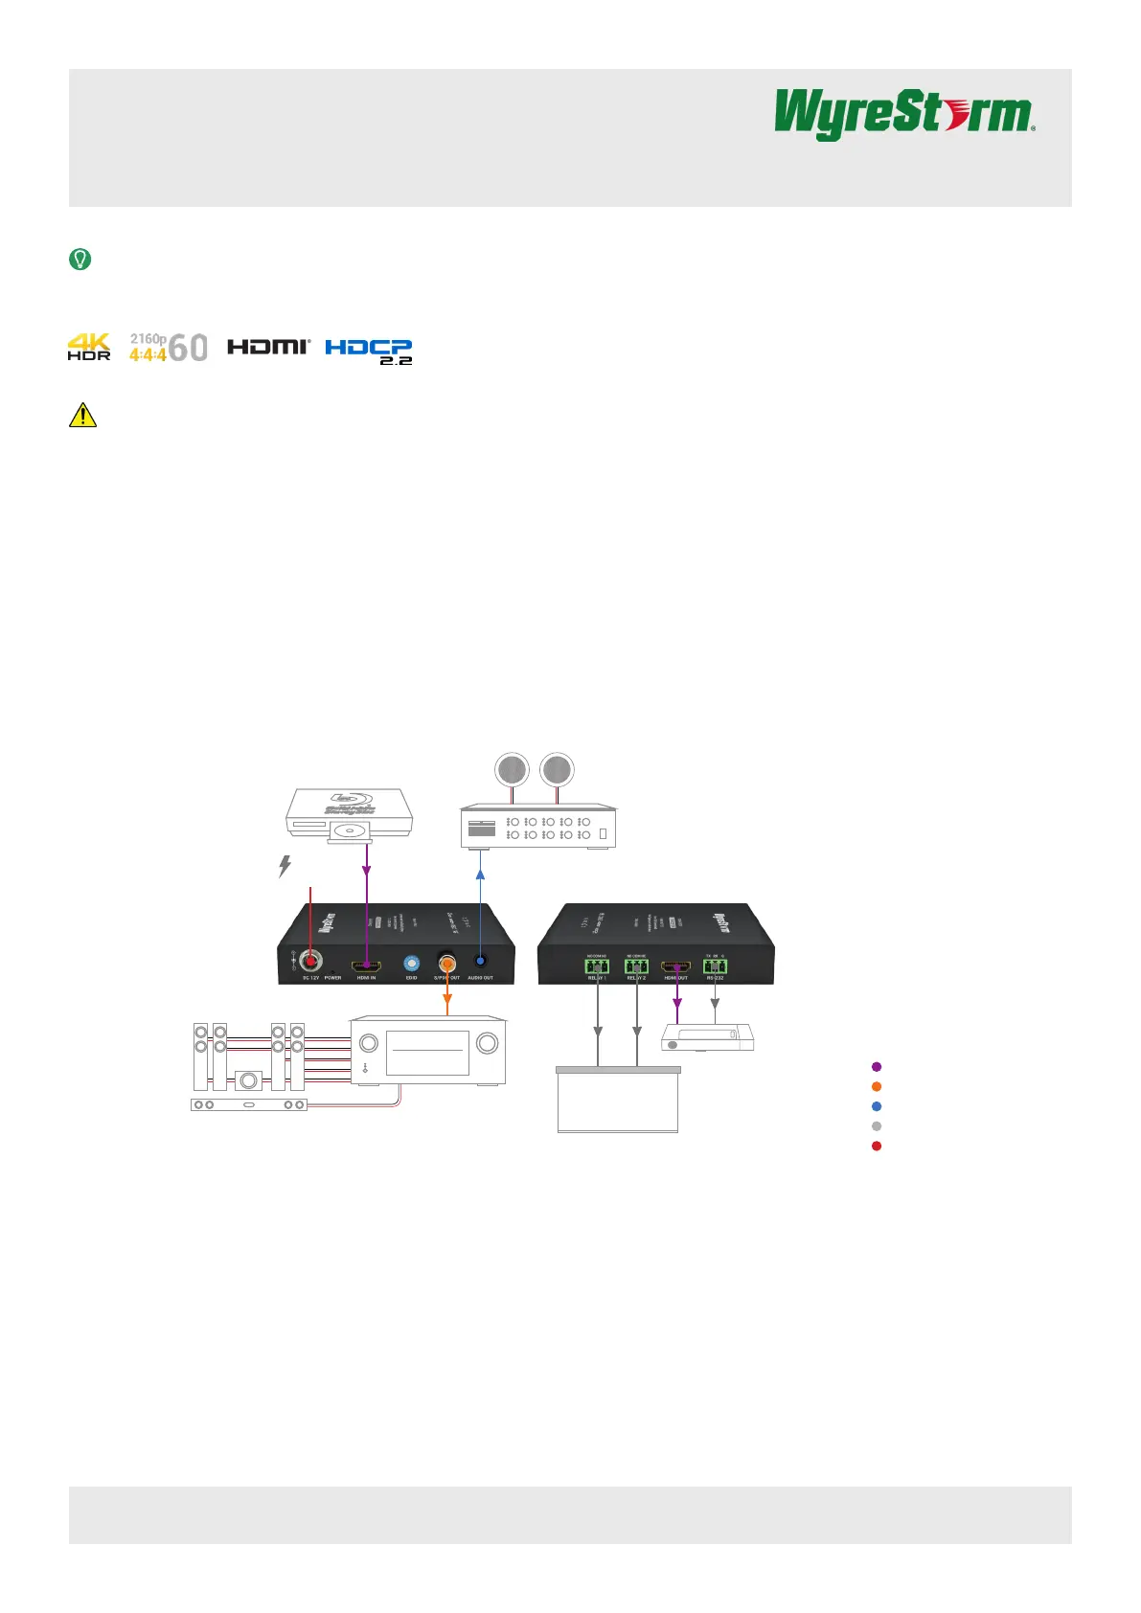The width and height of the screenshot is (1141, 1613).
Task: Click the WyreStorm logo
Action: pos(904,114)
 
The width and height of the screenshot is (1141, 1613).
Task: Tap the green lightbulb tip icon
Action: pos(80,259)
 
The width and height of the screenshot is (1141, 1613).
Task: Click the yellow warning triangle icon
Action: pos(82,415)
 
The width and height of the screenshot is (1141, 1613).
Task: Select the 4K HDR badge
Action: pos(89,347)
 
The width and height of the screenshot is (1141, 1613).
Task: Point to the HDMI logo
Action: pos(268,347)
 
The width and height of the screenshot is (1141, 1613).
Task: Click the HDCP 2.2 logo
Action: pos(369,352)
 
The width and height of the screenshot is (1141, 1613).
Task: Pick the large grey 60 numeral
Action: pos(188,348)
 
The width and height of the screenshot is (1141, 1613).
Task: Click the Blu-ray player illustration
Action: pos(350,815)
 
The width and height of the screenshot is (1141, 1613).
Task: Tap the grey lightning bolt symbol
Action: pos(285,866)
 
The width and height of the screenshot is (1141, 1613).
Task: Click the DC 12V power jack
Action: pos(310,961)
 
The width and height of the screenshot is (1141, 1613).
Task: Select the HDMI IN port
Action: pos(366,966)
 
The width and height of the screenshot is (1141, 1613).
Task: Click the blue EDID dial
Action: pos(412,964)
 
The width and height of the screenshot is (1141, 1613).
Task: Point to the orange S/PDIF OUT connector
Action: pos(446,963)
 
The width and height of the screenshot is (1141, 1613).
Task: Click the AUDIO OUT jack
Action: pos(480,963)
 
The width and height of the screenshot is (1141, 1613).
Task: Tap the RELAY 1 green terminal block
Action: pos(597,966)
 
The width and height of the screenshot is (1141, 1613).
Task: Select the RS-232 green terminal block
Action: pos(715,966)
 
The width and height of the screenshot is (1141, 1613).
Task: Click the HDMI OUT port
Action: pos(676,966)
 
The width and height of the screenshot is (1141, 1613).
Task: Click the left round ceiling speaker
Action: pos(512,770)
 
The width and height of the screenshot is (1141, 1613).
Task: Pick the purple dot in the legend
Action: pos(877,1066)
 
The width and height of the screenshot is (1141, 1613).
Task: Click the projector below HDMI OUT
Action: pos(708,1037)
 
